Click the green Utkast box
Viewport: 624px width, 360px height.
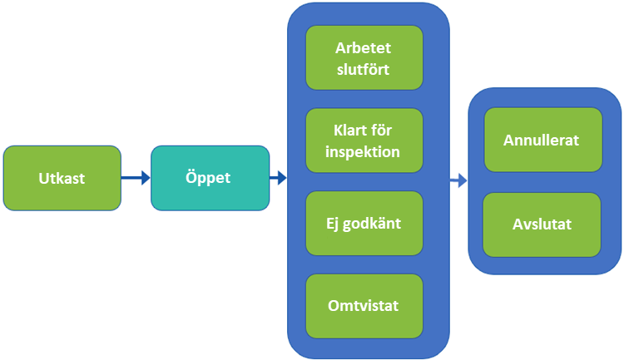(x=62, y=178)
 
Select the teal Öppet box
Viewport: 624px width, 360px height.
(x=210, y=178)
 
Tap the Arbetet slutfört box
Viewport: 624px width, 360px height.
(x=364, y=57)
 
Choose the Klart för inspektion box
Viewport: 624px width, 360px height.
(x=364, y=141)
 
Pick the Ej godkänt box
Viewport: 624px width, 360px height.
(x=364, y=223)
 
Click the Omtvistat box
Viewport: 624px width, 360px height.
(x=364, y=305)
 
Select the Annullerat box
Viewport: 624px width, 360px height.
(x=542, y=140)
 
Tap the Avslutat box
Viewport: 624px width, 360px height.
(x=542, y=224)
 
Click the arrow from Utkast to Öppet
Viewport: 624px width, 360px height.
(x=136, y=177)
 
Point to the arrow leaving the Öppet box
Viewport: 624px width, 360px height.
(x=278, y=177)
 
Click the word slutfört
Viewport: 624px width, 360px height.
(x=364, y=68)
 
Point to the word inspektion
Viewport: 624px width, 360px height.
(x=364, y=152)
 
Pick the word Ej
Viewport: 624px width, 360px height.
(x=335, y=223)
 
